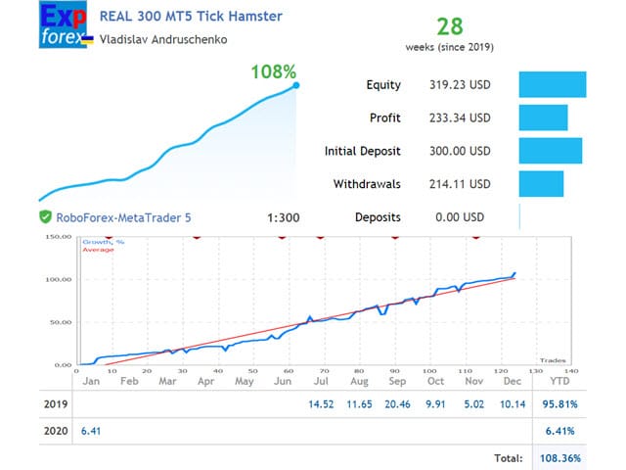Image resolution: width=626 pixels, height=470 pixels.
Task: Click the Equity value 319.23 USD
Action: (x=459, y=85)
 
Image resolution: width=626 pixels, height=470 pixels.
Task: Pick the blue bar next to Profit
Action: (x=543, y=117)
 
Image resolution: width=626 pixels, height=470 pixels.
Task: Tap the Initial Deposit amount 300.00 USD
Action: (x=459, y=152)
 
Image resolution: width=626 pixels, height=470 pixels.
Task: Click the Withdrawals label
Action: (x=369, y=184)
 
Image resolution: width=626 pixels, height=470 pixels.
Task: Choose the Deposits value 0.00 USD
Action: (x=459, y=217)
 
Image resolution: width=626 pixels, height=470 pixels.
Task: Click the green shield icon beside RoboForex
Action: (x=45, y=217)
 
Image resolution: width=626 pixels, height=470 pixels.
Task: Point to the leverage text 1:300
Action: (x=283, y=217)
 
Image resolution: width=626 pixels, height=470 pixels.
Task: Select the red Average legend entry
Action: (x=99, y=250)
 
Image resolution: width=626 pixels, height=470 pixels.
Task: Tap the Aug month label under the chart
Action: (x=359, y=381)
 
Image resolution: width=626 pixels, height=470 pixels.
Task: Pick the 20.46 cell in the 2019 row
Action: (x=397, y=403)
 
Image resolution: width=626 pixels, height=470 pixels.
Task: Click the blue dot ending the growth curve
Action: (x=295, y=86)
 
